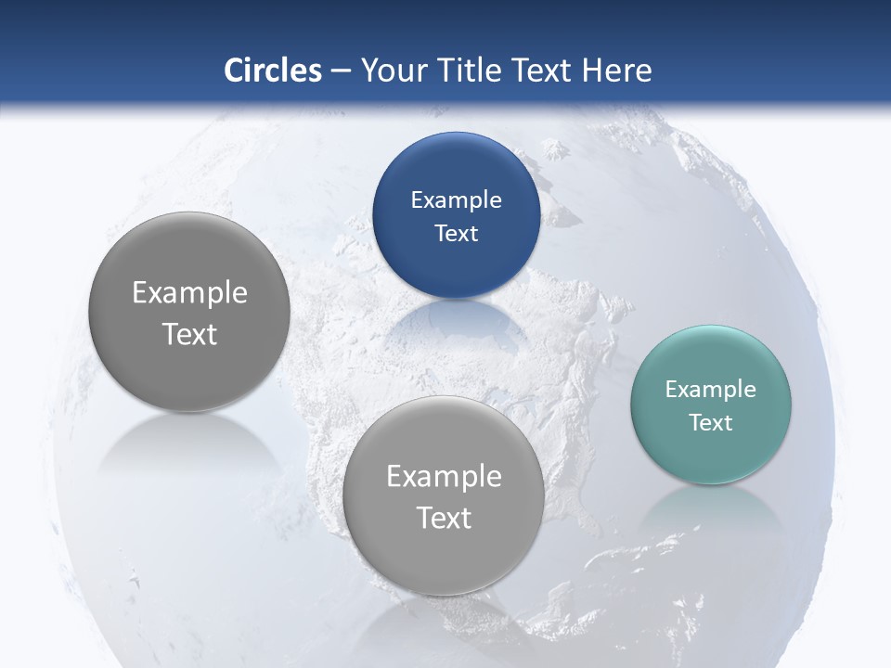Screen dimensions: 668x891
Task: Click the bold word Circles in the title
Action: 272,71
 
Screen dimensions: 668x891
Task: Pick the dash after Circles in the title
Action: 341,71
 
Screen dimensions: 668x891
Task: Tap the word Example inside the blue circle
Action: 456,200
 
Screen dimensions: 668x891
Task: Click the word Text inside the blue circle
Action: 456,234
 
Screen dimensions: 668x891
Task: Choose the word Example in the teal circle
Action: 711,390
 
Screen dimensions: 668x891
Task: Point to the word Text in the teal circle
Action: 711,423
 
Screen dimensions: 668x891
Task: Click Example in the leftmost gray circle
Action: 189,293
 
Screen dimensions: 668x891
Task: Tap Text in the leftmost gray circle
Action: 189,334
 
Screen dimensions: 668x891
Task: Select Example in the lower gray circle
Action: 444,477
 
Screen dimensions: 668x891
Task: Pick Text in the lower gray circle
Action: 444,518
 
